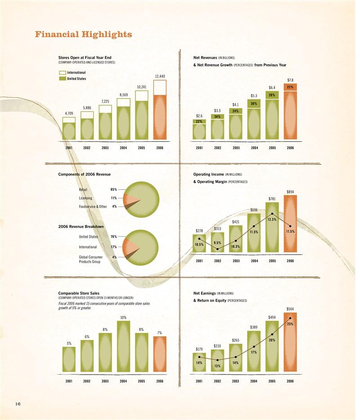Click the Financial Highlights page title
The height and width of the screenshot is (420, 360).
coord(84,35)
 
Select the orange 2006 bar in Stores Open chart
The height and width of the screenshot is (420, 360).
coord(160,117)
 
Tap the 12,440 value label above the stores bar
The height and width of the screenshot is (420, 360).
coord(160,76)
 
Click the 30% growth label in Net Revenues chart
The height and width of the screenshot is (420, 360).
coord(254,104)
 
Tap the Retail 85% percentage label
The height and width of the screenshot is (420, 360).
coord(114,190)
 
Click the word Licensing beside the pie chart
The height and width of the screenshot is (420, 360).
coord(85,198)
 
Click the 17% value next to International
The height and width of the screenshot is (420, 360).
coord(114,247)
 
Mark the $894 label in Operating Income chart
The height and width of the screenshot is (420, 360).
coord(290,192)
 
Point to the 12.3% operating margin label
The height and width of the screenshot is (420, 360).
coord(272,219)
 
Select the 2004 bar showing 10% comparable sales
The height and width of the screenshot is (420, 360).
coord(123,347)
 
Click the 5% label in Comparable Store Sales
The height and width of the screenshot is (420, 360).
coord(69,343)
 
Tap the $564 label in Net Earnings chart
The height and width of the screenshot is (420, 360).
coord(290,309)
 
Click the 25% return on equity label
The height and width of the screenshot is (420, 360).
coord(290,324)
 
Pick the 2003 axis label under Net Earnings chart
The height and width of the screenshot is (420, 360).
coord(235,381)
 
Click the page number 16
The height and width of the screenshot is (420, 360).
coord(18,404)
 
